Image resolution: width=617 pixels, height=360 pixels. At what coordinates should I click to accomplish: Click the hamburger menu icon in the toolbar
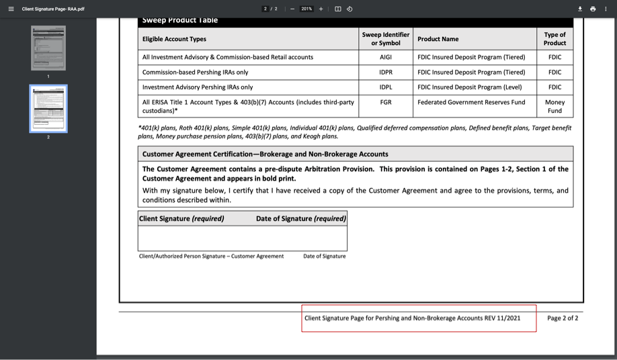(x=11, y=9)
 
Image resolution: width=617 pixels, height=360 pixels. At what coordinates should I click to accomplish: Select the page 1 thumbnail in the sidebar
(x=48, y=48)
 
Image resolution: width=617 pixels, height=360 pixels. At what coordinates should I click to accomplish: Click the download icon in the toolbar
(x=580, y=9)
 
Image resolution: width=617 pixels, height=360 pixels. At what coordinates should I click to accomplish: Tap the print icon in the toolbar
(x=593, y=9)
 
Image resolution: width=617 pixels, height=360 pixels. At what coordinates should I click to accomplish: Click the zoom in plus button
(x=321, y=9)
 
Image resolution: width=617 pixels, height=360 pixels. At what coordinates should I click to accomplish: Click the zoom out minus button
(x=292, y=9)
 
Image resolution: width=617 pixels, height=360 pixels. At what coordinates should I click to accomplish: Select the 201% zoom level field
(x=306, y=9)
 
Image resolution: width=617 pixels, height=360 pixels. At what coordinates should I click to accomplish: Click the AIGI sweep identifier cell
(x=385, y=57)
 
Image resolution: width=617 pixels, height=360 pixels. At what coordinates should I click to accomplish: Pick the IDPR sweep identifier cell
(x=385, y=73)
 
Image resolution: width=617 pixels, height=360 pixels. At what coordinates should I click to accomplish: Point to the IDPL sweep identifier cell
(x=385, y=87)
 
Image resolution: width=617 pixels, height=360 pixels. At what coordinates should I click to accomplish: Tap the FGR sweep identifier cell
(x=385, y=102)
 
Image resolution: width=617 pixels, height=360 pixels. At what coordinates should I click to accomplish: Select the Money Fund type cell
(x=554, y=106)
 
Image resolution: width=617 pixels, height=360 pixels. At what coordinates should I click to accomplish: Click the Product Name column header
(x=438, y=39)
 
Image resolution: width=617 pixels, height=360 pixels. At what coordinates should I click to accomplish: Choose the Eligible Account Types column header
(x=174, y=39)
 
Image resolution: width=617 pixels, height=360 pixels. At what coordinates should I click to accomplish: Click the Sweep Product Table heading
(x=180, y=20)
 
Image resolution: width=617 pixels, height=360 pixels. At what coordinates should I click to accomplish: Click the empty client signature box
(x=242, y=238)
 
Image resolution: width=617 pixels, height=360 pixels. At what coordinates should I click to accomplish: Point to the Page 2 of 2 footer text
(x=563, y=318)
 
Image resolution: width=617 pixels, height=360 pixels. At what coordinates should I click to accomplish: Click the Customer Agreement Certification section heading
(x=265, y=154)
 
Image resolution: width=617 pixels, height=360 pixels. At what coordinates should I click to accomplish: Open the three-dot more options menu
(x=606, y=9)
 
